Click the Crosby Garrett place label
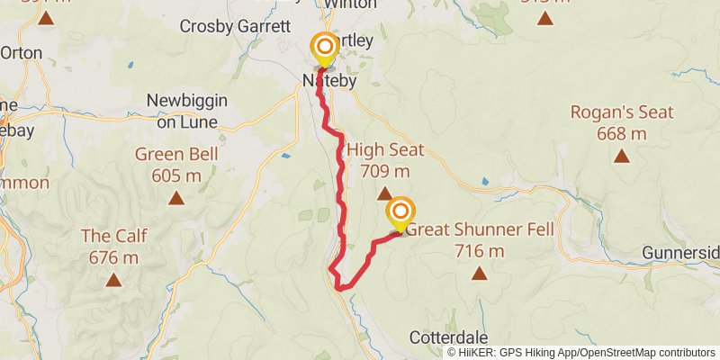234,26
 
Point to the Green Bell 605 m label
176,165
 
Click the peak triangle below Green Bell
176,198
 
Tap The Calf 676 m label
114,247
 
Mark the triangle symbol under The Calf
113,280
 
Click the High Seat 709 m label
384,159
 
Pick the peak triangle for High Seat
384,193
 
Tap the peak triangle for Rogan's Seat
621,157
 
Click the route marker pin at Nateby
324,49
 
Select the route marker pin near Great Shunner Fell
400,213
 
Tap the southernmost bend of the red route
341,287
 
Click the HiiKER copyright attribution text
581,352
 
